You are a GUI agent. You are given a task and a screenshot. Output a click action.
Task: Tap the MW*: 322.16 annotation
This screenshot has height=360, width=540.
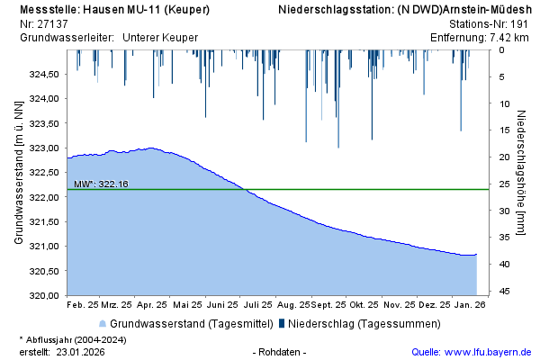(x=102, y=184)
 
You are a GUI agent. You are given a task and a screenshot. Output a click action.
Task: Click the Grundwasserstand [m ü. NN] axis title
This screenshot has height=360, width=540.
(x=18, y=173)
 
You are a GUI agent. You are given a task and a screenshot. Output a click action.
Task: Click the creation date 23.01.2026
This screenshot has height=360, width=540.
(x=81, y=352)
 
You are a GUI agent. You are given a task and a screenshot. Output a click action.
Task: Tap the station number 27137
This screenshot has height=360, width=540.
(x=52, y=23)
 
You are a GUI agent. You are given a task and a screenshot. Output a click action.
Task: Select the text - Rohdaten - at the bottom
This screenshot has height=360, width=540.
(x=281, y=352)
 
